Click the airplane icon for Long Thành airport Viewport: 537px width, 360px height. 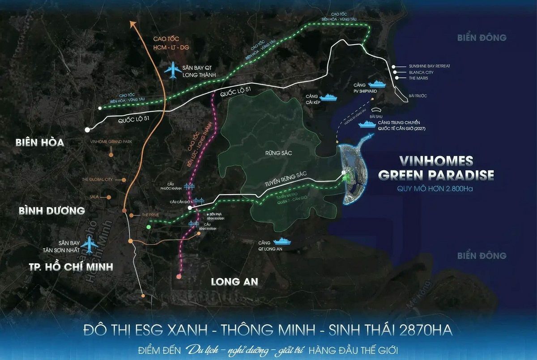(172, 71)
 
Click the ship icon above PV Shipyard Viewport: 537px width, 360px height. (379, 83)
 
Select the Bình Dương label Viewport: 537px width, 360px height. (52, 210)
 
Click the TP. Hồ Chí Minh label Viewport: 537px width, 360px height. (64, 267)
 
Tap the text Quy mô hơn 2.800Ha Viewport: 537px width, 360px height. (435, 189)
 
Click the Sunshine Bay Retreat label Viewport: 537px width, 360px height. (430, 66)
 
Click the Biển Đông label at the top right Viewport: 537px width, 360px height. (482, 38)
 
